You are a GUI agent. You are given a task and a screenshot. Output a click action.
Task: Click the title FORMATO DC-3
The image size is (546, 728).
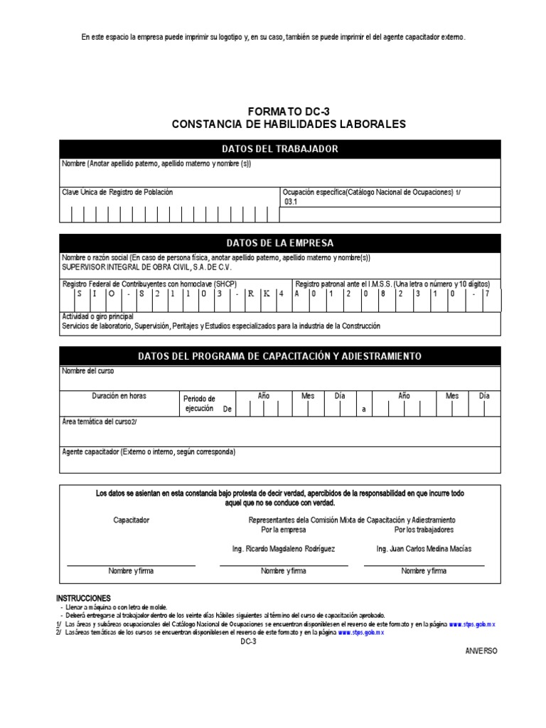[289, 111]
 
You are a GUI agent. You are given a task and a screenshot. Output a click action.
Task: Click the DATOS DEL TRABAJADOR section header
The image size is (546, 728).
[280, 149]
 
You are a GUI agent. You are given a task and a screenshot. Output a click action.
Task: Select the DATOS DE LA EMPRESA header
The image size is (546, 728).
[280, 243]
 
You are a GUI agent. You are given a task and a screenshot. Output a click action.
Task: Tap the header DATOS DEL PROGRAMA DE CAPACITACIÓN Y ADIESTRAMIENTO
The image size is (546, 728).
[280, 355]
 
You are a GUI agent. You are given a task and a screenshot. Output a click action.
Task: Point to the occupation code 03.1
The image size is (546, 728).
[291, 202]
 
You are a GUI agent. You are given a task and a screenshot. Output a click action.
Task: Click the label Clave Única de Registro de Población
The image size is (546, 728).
[117, 193]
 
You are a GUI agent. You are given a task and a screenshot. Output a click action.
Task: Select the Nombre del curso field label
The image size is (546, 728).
[87, 371]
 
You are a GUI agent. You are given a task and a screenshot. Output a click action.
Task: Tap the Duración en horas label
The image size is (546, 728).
[118, 395]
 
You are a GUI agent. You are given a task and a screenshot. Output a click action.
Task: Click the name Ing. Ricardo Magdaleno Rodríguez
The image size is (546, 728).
[284, 549]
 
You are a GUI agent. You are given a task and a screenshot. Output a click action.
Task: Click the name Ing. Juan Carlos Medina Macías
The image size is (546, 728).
[424, 549]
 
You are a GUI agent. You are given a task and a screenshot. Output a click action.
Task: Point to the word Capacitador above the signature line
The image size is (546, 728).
[132, 520]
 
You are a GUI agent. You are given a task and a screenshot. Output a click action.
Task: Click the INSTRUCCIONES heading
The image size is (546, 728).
[83, 599]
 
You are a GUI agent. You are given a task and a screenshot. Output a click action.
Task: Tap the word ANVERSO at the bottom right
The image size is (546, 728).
[482, 651]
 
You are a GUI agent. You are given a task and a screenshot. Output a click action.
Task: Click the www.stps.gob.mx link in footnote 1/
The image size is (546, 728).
[472, 623]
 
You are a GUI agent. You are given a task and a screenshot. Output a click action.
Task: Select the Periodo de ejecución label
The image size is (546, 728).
[199, 404]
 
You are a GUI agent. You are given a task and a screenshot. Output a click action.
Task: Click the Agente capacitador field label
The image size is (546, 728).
[149, 452]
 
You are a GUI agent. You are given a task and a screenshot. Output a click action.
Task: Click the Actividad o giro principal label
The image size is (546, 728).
[98, 316]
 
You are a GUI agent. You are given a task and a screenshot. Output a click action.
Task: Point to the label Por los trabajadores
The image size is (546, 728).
[424, 530]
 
